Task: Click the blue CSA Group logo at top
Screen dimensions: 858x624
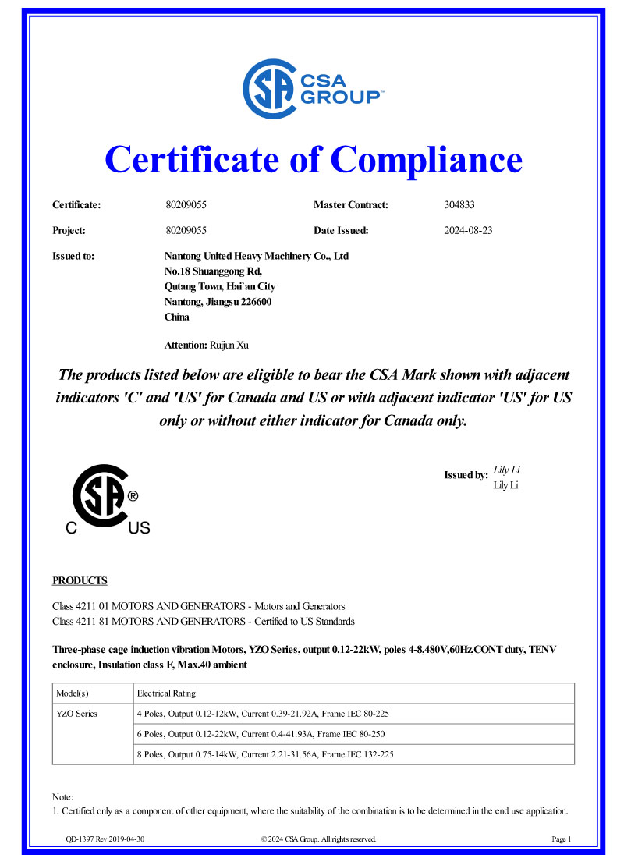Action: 312,89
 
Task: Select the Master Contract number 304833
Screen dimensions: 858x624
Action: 459,205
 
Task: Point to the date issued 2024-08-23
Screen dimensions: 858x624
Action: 468,230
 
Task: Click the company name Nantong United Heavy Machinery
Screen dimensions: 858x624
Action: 257,256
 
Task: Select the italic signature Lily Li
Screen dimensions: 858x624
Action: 507,470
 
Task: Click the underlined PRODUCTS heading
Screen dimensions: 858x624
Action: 80,580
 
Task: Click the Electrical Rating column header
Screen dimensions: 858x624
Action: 166,693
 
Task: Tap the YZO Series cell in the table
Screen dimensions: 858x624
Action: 76,714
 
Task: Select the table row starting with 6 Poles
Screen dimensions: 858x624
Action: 261,734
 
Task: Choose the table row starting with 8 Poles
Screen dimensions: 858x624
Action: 268,754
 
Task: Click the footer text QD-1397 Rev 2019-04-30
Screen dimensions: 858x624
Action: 105,839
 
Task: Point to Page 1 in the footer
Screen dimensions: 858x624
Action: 562,839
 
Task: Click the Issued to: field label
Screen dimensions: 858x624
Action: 73,256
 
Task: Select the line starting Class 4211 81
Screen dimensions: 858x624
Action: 203,622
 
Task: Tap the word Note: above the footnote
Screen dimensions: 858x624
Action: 63,796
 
